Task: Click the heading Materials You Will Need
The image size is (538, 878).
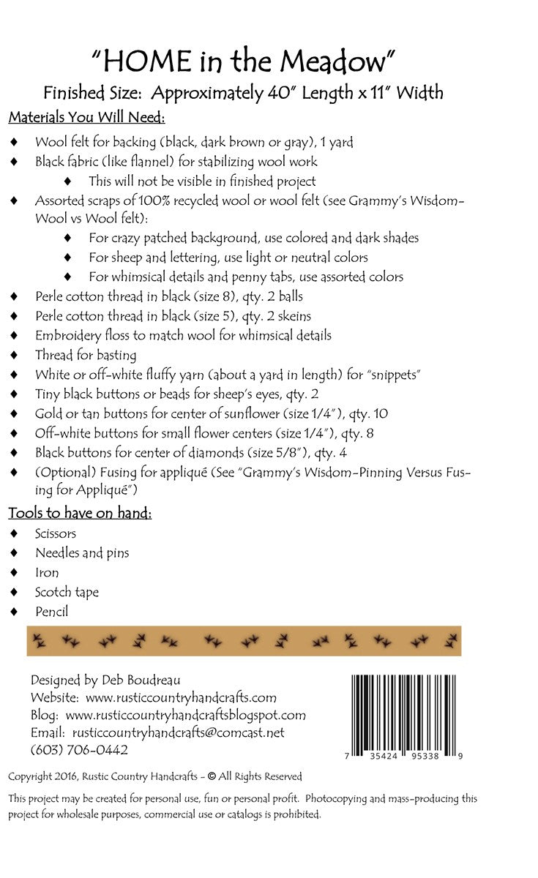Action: [87, 117]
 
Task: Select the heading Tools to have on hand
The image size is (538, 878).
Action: [80, 512]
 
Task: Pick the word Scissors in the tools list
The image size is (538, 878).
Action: [56, 533]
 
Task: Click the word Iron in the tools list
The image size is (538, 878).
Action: [47, 572]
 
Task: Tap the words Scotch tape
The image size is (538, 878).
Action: [67, 591]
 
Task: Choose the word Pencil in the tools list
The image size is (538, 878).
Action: [51, 611]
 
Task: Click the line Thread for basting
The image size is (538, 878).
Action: [86, 355]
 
